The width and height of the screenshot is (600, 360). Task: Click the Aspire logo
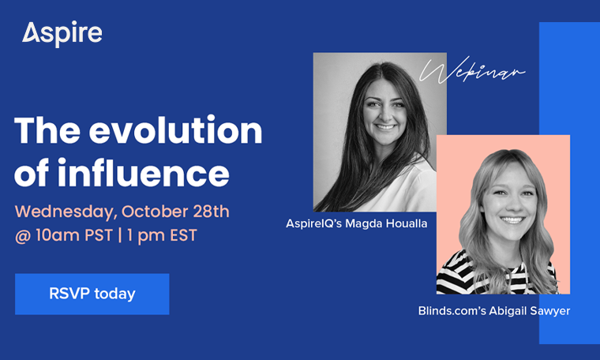(62, 33)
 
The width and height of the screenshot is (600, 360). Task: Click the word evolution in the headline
(175, 130)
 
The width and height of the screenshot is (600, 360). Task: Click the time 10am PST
(70, 236)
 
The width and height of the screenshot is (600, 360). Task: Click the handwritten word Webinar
(472, 73)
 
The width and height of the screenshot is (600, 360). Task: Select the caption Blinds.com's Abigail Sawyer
(494, 311)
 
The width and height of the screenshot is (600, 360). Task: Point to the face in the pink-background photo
(500, 197)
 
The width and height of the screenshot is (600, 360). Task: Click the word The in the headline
(48, 130)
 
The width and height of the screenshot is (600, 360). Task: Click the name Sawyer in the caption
(549, 311)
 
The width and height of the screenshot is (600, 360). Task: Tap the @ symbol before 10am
(22, 236)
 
